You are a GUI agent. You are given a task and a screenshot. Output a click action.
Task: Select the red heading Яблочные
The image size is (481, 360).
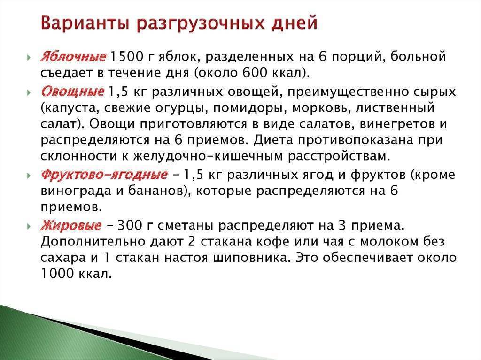pos(73,57)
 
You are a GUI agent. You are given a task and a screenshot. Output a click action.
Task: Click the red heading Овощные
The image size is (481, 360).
pos(72,92)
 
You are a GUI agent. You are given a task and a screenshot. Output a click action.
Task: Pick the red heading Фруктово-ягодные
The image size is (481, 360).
pos(104,175)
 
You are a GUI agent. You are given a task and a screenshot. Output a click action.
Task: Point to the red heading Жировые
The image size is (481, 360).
pos(71,225)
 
